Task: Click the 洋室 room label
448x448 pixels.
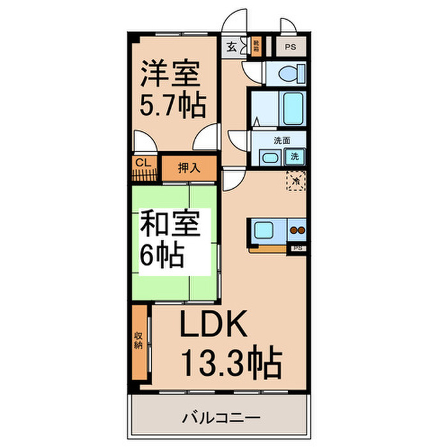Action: [170, 75]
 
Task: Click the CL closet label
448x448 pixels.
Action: [141, 163]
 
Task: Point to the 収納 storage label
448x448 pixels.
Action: [138, 341]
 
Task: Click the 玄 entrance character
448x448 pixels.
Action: [230, 47]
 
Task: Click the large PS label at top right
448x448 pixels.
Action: [291, 47]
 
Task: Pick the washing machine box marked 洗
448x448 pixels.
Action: [295, 156]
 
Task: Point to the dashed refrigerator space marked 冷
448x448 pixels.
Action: [296, 181]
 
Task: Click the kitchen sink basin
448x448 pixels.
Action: [264, 229]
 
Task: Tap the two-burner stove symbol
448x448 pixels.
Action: [297, 229]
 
